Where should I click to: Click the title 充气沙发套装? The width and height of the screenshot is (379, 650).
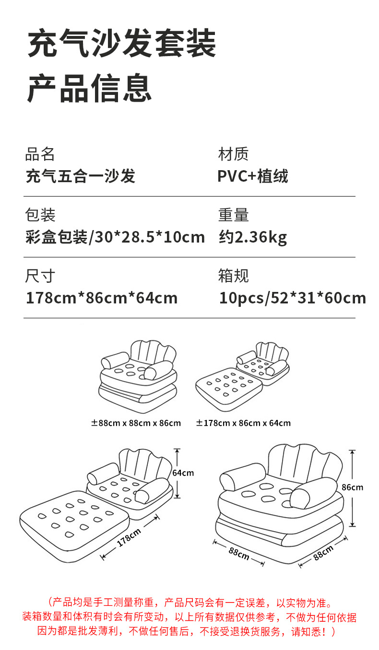[x=122, y=44]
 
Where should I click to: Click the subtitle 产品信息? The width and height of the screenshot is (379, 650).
[x=90, y=88]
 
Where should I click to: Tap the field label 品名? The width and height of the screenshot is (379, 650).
[x=40, y=154]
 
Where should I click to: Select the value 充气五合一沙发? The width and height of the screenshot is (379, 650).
[x=80, y=176]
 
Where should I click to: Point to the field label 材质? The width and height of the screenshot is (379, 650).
[x=233, y=154]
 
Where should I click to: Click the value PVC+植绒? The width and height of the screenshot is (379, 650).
[x=253, y=176]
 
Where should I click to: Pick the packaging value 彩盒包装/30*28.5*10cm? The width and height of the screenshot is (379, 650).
[x=115, y=237]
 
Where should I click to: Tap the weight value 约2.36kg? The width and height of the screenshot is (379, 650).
[x=253, y=237]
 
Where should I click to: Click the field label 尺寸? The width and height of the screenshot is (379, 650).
[x=40, y=276]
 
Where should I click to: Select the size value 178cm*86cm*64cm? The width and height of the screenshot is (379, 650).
[x=102, y=298]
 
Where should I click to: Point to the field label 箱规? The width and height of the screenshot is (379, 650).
[x=233, y=276]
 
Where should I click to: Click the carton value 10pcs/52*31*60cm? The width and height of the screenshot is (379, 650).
[x=292, y=298]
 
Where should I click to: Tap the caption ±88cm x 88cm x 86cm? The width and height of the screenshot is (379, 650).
[x=136, y=423]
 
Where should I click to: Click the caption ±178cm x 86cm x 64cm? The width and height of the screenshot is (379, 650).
[x=243, y=423]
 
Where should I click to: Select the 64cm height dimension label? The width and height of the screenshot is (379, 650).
[x=183, y=473]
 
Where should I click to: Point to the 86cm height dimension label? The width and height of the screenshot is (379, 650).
[x=353, y=487]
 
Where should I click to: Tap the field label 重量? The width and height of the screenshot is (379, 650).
[x=233, y=215]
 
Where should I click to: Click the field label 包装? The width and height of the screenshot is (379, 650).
[x=40, y=215]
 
